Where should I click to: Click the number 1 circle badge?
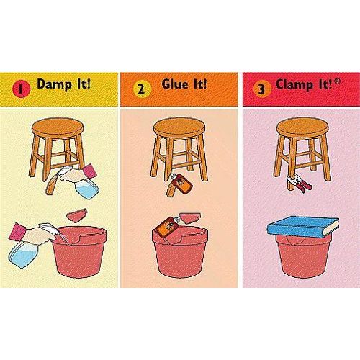coord(22,89)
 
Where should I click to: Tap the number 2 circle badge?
coord(142,89)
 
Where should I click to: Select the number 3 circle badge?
coord(262,89)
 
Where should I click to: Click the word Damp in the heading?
coord(54,84)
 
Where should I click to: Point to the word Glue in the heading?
coord(174,84)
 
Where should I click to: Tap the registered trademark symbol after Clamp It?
coord(337,81)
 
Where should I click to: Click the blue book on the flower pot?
coord(303,227)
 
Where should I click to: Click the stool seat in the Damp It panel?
coord(58,128)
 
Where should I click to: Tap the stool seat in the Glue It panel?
coord(179,128)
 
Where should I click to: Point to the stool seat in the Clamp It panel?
coord(302,128)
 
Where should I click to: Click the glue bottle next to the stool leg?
coord(181,181)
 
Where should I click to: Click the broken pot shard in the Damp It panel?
coord(77,215)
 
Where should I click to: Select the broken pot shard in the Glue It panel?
coord(190,217)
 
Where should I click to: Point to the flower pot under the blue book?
coord(303,256)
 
